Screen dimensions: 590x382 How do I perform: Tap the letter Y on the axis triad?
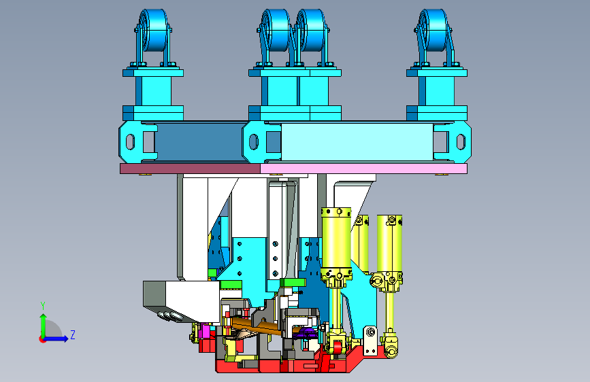coord(43,305)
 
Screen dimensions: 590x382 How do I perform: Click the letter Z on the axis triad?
coord(73,334)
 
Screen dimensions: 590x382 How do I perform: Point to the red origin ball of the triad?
coord(42,339)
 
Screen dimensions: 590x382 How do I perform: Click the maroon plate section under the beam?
coord(190,169)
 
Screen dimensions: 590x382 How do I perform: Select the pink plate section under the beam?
coord(364,169)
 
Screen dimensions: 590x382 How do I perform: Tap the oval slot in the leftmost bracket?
coord(130,142)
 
